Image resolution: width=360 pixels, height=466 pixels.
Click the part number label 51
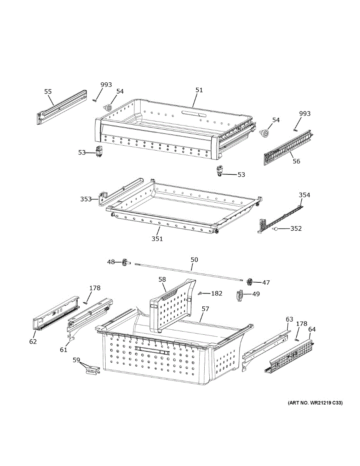199,90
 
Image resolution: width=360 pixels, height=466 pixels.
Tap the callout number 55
48,92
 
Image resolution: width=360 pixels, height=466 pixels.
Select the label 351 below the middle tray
157,239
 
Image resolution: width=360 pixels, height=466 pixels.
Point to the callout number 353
86,199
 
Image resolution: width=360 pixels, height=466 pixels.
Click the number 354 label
304,195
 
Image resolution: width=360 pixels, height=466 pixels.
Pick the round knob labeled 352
275,229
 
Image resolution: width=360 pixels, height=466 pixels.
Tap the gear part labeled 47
249,282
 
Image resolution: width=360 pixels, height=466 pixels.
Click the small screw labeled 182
201,293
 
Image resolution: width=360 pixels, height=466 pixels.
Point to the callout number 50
194,260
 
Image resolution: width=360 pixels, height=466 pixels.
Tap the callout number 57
205,309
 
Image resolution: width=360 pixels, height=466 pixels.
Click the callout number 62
33,342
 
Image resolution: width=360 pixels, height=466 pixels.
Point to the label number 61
63,350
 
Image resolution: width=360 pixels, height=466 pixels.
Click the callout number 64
312,329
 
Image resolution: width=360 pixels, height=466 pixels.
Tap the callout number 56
297,161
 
